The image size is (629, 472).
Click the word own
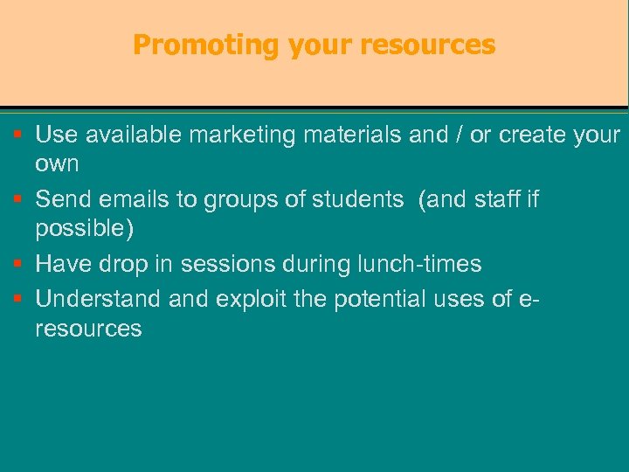pyautogui.click(x=57, y=164)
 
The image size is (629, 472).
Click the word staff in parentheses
pyautogui.click(x=497, y=199)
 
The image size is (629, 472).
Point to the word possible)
pyautogui.click(x=86, y=229)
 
